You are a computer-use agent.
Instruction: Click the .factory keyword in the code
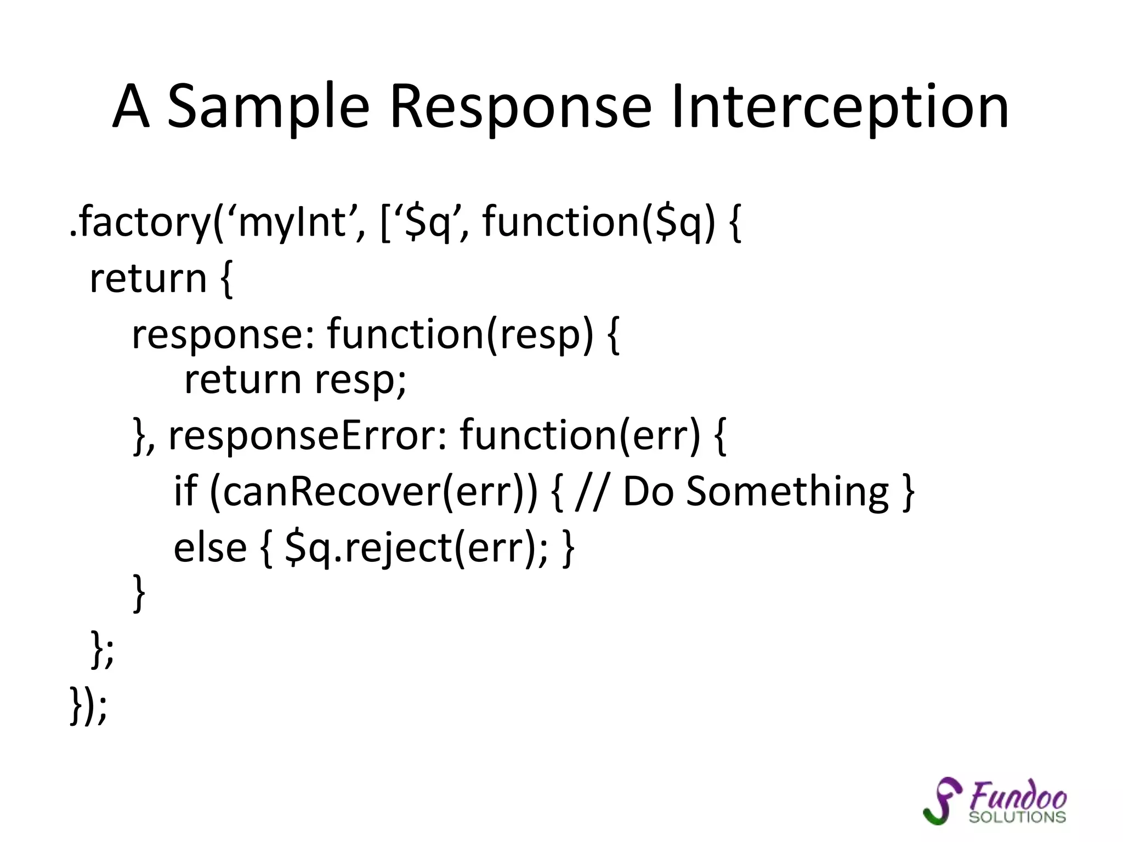click(x=140, y=222)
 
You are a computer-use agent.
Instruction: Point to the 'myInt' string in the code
click(x=292, y=222)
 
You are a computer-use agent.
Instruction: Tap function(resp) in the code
click(x=460, y=334)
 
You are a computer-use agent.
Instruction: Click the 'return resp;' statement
click(x=295, y=379)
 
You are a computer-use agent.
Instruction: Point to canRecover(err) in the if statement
click(x=373, y=492)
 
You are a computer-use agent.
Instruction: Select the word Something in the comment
click(x=787, y=492)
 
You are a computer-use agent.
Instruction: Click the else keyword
click(x=210, y=548)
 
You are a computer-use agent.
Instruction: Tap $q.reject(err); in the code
click(x=416, y=548)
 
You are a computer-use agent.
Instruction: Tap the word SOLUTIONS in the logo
click(x=1017, y=817)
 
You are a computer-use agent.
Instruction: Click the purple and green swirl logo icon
click(x=941, y=800)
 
